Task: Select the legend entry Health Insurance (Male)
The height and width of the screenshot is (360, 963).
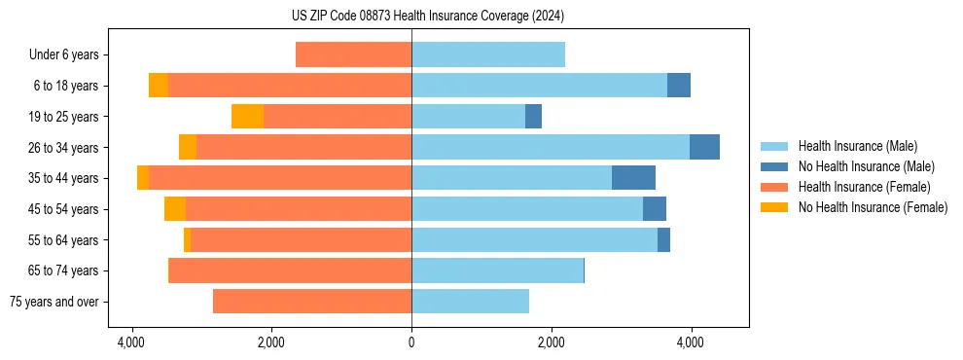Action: pos(857,146)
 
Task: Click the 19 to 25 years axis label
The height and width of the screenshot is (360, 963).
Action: pos(64,117)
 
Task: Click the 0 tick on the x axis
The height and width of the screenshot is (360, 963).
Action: pos(411,342)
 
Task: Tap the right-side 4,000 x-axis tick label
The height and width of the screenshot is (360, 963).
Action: pos(691,342)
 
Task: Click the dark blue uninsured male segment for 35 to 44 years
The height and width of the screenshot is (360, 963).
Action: pos(633,178)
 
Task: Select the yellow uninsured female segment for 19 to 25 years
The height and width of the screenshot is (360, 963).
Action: pos(247,117)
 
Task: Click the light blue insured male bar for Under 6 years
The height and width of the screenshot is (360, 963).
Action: pos(488,54)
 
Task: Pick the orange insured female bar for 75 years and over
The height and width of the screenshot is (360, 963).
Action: pos(312,302)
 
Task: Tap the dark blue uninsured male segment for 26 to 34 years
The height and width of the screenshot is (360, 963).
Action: pos(704,147)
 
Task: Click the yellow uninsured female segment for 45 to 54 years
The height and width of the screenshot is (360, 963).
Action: pos(175,209)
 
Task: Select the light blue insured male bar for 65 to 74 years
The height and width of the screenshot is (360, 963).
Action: pos(497,270)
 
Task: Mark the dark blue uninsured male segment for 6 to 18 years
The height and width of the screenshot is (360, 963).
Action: pos(679,86)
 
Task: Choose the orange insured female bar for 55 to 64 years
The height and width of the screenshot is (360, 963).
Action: pos(301,239)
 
